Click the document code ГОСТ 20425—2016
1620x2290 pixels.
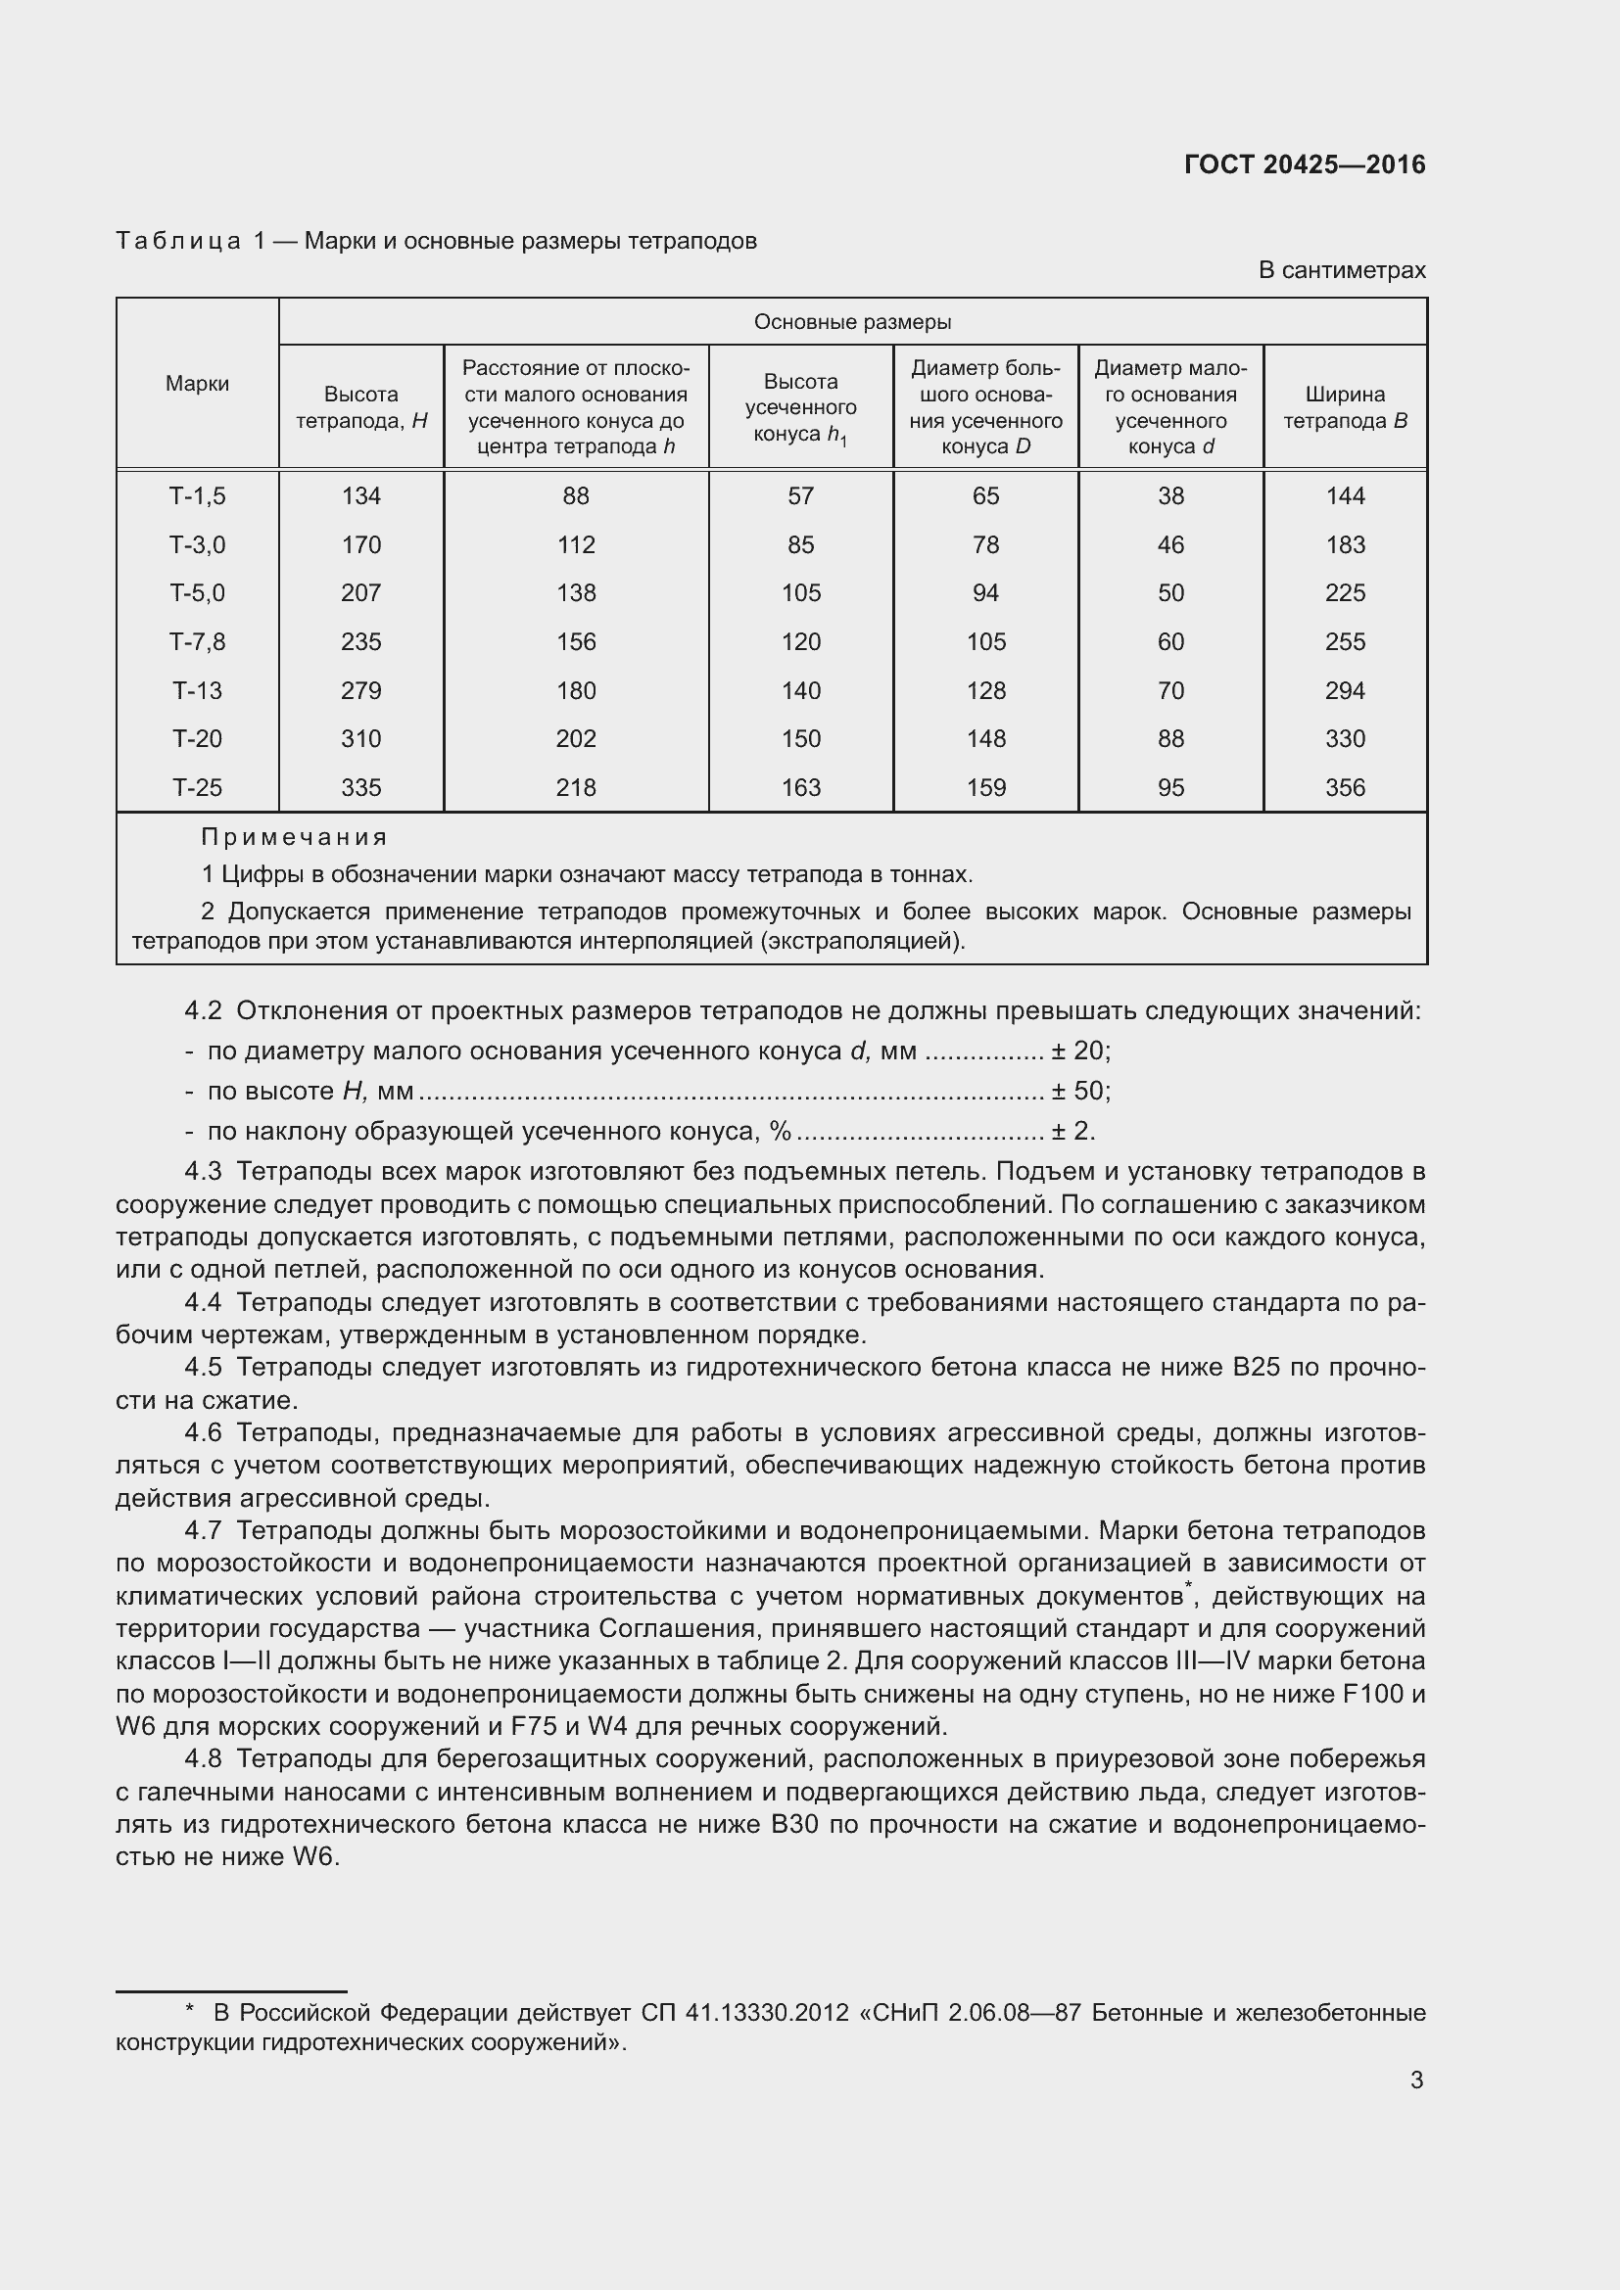(x=1304, y=164)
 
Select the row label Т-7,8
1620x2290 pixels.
(x=198, y=641)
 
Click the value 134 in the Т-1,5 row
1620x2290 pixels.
(x=361, y=495)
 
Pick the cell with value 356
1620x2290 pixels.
(x=1345, y=787)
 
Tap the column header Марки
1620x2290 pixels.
(x=198, y=383)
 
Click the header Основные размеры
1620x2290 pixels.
(x=852, y=321)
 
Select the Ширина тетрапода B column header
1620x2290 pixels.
(x=1345, y=407)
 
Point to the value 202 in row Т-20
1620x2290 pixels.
(x=576, y=738)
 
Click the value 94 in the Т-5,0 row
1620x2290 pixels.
(x=985, y=592)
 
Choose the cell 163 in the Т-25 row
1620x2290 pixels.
(x=800, y=787)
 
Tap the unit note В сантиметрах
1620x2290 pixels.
(x=1341, y=270)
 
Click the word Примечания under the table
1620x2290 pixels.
(x=294, y=837)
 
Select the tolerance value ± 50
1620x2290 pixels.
(x=1079, y=1090)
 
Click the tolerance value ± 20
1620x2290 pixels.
(x=1079, y=1051)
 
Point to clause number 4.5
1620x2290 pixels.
(x=203, y=1367)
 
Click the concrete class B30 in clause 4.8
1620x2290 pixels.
(x=794, y=1824)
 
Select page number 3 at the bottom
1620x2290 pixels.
(x=1416, y=2080)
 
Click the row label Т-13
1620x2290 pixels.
(x=198, y=690)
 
